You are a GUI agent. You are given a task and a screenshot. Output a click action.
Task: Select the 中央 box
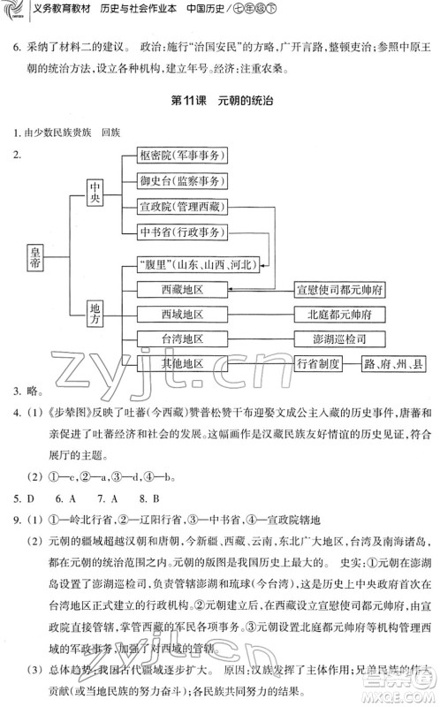[x=96, y=194]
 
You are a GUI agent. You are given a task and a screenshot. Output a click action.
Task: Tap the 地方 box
[x=96, y=313]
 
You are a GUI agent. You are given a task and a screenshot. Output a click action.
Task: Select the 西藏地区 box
[x=183, y=289]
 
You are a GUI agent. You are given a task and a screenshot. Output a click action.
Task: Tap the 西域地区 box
[x=183, y=314]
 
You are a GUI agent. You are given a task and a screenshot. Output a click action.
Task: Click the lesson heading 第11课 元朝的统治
[x=219, y=100]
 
